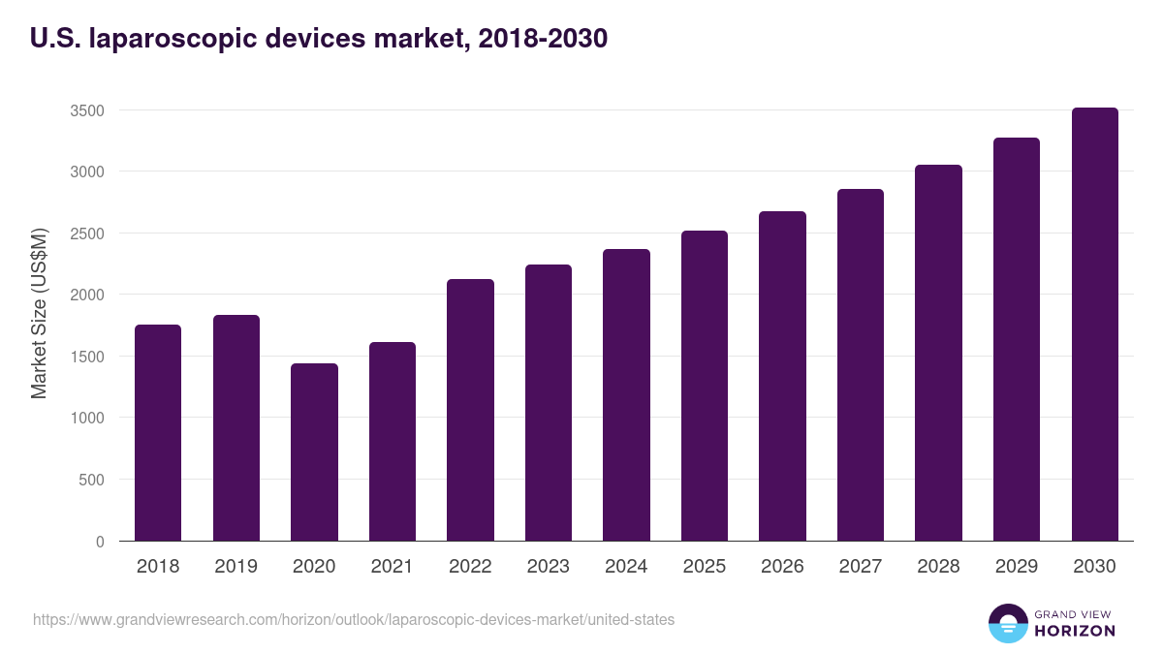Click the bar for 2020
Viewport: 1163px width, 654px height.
pyautogui.click(x=314, y=452)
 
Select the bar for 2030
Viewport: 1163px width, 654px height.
pyautogui.click(x=1094, y=325)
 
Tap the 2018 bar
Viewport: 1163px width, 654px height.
pyautogui.click(x=158, y=433)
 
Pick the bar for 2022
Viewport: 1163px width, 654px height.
pyautogui.click(x=470, y=410)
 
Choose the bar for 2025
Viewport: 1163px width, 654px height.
pyautogui.click(x=704, y=386)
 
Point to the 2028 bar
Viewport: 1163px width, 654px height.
pyautogui.click(x=938, y=353)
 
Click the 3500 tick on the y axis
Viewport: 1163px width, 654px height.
pyautogui.click(x=87, y=110)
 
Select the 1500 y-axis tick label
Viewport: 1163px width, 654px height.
pyautogui.click(x=87, y=357)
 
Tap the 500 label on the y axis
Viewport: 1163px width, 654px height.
pyautogui.click(x=92, y=480)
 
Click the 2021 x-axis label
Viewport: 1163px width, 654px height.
pyautogui.click(x=392, y=567)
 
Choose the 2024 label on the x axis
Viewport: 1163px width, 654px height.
pyautogui.click(x=626, y=567)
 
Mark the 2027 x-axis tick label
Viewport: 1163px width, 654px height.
pyautogui.click(x=860, y=567)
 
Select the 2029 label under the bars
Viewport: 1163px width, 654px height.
pyautogui.click(x=1016, y=567)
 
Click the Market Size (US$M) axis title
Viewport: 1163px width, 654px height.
pyautogui.click(x=39, y=313)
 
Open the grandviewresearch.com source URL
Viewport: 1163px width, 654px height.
pyautogui.click(x=354, y=619)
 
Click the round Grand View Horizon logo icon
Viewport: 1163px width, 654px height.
pyautogui.click(x=1007, y=624)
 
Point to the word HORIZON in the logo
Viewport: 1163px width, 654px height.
pyautogui.click(x=1075, y=631)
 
